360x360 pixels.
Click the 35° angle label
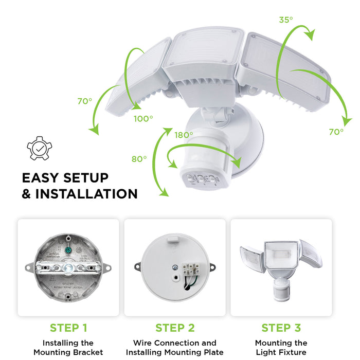(286, 20)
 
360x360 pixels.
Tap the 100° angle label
(143, 119)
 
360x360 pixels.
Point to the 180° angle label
(184, 135)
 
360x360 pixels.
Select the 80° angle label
(139, 159)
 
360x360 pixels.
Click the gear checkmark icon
(39, 148)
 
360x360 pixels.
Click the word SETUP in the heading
(86, 178)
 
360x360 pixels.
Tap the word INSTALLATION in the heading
(86, 194)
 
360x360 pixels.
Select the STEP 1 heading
(68, 328)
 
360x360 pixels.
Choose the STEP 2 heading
(175, 328)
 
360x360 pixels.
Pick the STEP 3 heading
(281, 328)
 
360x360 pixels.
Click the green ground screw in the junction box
(68, 250)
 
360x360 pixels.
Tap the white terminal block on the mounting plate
(191, 268)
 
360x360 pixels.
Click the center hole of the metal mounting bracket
(68, 268)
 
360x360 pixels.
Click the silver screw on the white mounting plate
(175, 267)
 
